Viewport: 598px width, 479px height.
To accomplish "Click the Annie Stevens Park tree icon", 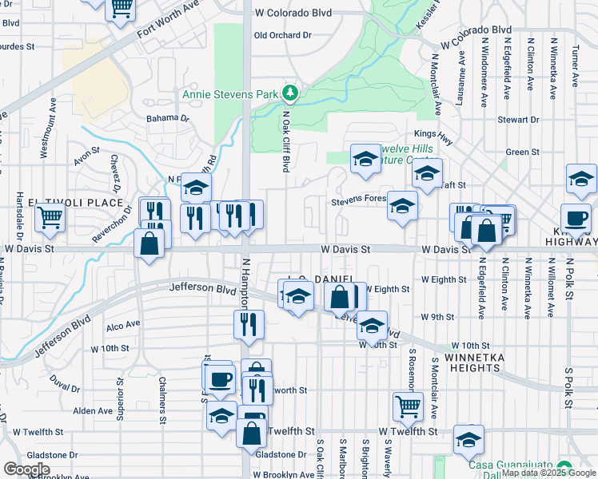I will click(x=290, y=94).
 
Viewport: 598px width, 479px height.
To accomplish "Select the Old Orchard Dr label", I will click(x=282, y=35).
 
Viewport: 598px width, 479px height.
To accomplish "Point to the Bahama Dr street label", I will click(x=167, y=118).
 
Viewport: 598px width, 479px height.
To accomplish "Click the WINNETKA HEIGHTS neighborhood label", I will click(x=474, y=362).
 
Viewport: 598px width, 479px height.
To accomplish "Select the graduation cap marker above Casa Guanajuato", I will click(x=468, y=438).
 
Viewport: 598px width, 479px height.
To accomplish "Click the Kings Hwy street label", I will click(x=433, y=133).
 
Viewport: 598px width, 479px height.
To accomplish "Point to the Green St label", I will click(x=523, y=152).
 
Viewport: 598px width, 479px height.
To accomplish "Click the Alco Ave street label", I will click(x=123, y=326).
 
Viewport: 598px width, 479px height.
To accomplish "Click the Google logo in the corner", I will click(x=26, y=469).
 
